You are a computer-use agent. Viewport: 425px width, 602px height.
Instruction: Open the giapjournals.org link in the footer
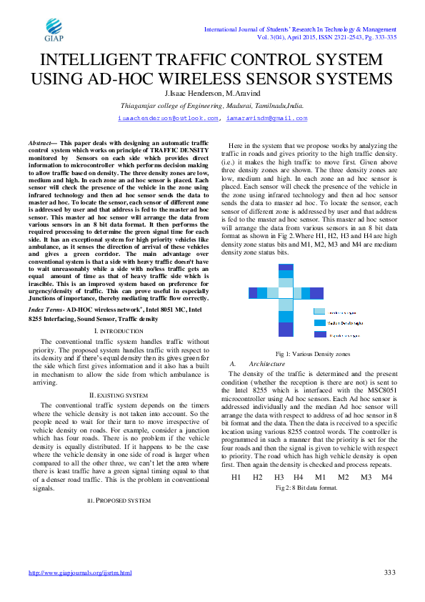(80, 573)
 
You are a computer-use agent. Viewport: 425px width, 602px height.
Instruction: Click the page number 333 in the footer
(389, 572)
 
